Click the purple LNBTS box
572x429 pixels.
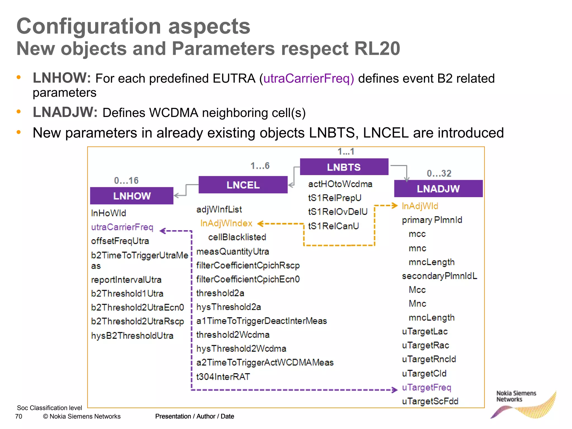point(344,167)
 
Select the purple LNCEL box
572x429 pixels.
point(243,185)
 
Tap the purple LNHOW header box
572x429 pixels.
point(132,196)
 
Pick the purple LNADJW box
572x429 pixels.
point(438,189)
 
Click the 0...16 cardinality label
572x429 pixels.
point(126,180)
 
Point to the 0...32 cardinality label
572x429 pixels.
point(439,173)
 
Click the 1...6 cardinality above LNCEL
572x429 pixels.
point(260,166)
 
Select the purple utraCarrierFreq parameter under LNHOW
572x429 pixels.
point(122,227)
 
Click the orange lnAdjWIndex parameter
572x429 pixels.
point(226,223)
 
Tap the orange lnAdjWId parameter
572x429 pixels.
point(420,206)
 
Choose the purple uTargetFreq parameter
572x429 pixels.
point(426,387)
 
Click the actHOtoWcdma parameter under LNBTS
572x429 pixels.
point(340,184)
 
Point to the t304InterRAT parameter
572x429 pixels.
point(223,376)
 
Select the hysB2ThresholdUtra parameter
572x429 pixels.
point(132,335)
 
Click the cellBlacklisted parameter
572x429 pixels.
point(237,237)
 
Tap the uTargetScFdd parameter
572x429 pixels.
point(430,401)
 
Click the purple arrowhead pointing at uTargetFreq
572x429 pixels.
point(394,390)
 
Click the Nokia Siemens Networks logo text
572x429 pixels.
point(516,396)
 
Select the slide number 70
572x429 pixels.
point(19,416)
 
